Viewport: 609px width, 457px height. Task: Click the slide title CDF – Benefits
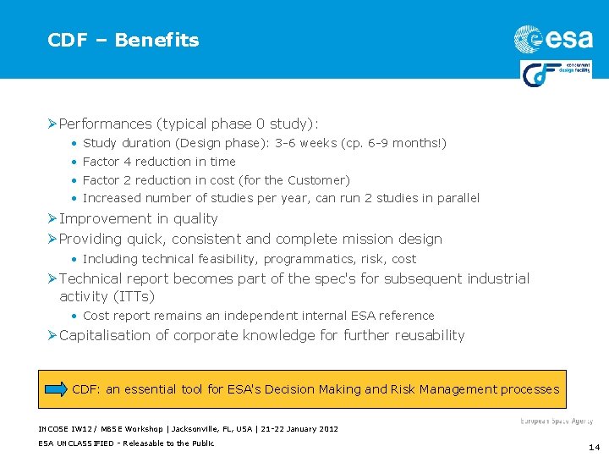(x=123, y=40)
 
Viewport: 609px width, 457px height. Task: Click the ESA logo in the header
(x=553, y=38)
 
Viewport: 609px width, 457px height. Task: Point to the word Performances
(x=107, y=124)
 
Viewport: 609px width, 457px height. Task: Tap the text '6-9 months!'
(x=409, y=143)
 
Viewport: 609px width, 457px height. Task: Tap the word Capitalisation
(x=113, y=335)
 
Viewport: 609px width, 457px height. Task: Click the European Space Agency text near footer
(x=556, y=421)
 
